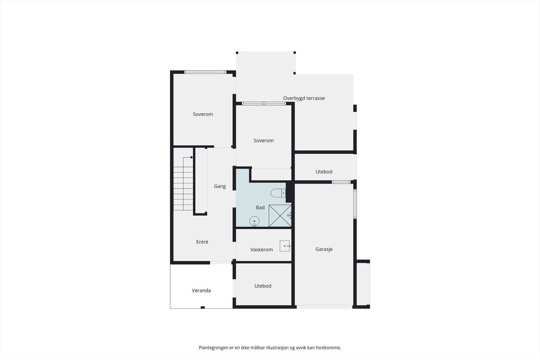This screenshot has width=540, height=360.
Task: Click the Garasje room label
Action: (x=324, y=249)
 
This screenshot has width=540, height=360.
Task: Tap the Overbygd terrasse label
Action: (x=304, y=98)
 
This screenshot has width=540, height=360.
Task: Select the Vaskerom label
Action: (x=261, y=250)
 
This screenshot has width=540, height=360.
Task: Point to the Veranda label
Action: (x=201, y=290)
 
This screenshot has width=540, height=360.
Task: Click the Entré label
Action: (x=202, y=242)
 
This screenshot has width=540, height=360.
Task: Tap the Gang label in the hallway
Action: (x=220, y=186)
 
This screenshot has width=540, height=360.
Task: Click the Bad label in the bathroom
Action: (x=260, y=207)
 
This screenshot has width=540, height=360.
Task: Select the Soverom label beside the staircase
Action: (x=203, y=114)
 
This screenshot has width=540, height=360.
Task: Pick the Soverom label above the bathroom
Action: (x=263, y=141)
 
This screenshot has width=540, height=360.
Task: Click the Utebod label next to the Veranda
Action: (x=263, y=286)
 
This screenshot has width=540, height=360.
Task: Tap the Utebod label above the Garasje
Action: (x=324, y=172)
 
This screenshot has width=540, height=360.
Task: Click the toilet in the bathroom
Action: (x=278, y=193)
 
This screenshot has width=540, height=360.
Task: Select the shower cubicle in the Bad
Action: (x=280, y=216)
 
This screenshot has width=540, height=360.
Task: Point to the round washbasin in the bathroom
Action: (x=254, y=221)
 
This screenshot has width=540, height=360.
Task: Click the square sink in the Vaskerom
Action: (x=285, y=246)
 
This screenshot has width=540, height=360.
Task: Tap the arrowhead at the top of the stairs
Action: (x=192, y=157)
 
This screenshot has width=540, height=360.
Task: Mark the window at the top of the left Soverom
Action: (x=205, y=72)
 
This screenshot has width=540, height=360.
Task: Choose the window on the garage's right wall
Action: (x=355, y=204)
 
